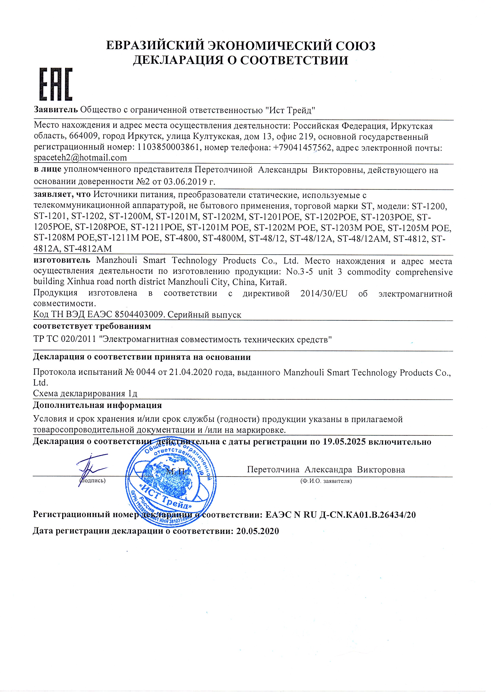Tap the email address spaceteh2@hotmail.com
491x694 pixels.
point(80,158)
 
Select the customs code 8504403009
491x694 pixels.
point(139,315)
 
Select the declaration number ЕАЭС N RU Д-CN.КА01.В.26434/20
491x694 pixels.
point(340,514)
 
